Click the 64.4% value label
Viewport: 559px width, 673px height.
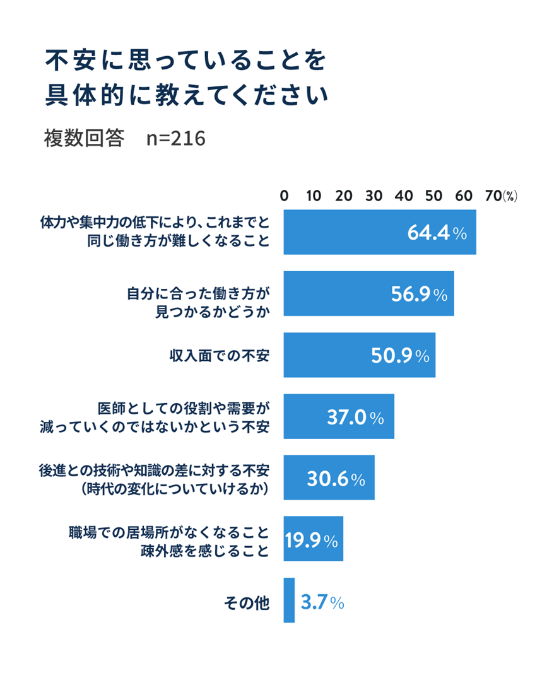pyautogui.click(x=437, y=233)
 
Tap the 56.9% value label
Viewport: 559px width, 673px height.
pyautogui.click(x=418, y=294)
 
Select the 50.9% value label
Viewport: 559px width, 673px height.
pyautogui.click(x=400, y=355)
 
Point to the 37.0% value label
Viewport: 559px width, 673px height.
pyautogui.click(x=355, y=417)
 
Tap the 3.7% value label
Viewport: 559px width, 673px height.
pyautogui.click(x=322, y=602)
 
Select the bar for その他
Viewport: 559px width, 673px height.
pyautogui.click(x=289, y=600)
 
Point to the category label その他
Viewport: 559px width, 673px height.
pyautogui.click(x=247, y=602)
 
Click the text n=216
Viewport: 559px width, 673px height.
pyautogui.click(x=176, y=138)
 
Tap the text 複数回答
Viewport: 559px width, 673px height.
pyautogui.click(x=84, y=138)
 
